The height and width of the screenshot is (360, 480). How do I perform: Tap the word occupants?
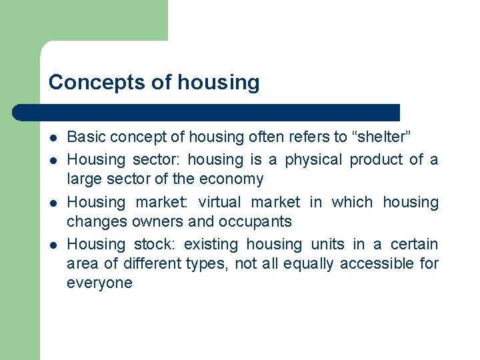257,222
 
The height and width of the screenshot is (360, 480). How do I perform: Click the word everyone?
99,283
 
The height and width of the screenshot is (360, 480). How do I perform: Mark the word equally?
308,263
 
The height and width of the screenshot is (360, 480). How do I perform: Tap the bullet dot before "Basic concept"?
53,138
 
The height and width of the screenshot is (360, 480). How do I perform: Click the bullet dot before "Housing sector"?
53,160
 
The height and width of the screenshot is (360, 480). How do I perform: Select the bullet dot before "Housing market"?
53,203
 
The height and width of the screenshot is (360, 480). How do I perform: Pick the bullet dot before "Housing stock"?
53,245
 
